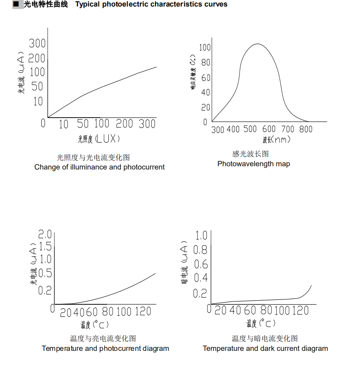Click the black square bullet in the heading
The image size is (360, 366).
pyautogui.click(x=16, y=4)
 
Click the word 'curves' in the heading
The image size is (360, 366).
pyautogui.click(x=214, y=4)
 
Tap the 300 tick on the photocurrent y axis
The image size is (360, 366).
pyautogui.click(x=37, y=43)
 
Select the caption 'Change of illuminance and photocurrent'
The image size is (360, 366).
pyautogui.click(x=99, y=167)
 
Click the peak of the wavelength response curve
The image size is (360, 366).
pyautogui.click(x=257, y=44)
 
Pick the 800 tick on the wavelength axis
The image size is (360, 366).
pyautogui.click(x=306, y=129)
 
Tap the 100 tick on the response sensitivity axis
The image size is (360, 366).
pyautogui.click(x=205, y=47)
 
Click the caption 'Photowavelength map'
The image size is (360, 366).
pyautogui.click(x=253, y=164)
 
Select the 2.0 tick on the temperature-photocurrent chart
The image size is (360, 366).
pyautogui.click(x=45, y=234)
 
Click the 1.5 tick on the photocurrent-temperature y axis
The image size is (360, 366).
pyautogui.click(x=45, y=246)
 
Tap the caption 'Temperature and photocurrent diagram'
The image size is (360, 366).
pyautogui.click(x=105, y=348)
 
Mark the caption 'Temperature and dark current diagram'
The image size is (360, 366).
pyautogui.click(x=265, y=348)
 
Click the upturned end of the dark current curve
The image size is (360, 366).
pyautogui.click(x=311, y=286)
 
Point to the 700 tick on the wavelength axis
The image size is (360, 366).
pyautogui.click(x=288, y=129)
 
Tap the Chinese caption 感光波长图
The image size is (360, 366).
pyautogui.click(x=250, y=154)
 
